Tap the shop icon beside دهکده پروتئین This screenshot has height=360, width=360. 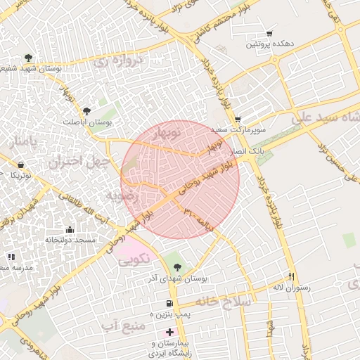pyautogui.click(x=269, y=34)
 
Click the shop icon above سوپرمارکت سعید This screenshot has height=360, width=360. pyautogui.click(x=238, y=119)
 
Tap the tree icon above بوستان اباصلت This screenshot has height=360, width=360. pyautogui.click(x=86, y=110)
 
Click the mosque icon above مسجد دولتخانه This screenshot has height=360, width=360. pyautogui.click(x=69, y=229)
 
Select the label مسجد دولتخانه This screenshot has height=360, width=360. pyautogui.click(x=70, y=240)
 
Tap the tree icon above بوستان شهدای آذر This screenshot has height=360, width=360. pyautogui.click(x=176, y=266)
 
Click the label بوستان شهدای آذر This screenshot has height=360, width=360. pyautogui.click(x=176, y=279)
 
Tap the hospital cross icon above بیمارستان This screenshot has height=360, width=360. pyautogui.click(x=169, y=331)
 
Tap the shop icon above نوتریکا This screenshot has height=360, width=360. pyautogui.click(x=20, y=165)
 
